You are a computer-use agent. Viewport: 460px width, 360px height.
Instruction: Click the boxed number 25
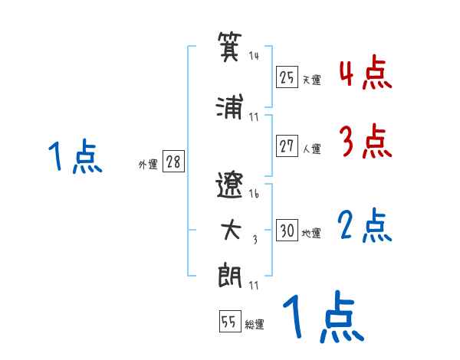[287, 77]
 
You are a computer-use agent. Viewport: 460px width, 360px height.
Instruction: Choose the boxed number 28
[173, 162]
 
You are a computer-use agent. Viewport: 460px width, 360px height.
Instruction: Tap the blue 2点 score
[364, 226]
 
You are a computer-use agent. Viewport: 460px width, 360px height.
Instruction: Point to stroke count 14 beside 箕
[254, 55]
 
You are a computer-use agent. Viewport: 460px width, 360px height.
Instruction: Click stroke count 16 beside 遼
[254, 193]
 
